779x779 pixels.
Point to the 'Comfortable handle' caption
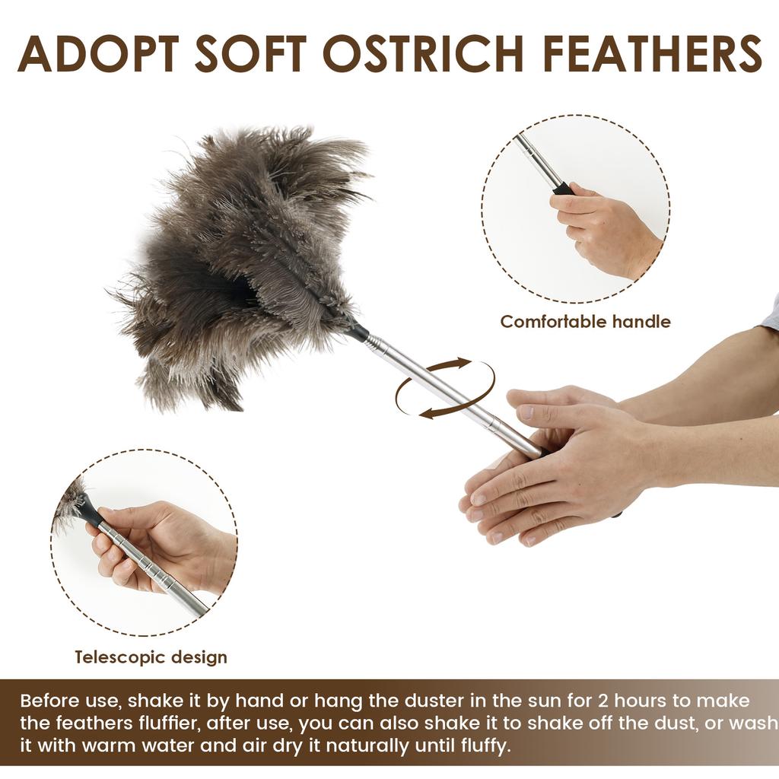pos(585,322)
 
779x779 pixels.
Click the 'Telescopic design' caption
pos(151,657)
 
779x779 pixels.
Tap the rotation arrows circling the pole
pos(445,389)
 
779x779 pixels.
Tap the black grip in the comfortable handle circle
pos(563,188)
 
